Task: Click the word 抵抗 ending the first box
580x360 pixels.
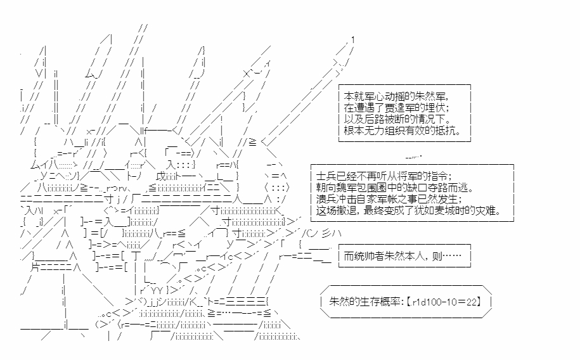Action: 446,131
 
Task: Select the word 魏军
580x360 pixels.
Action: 347,188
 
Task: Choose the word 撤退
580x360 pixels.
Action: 347,210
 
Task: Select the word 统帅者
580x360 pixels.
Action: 370,256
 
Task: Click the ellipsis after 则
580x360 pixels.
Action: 452,256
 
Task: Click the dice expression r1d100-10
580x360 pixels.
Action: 433,302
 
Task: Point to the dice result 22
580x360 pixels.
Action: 471,302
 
